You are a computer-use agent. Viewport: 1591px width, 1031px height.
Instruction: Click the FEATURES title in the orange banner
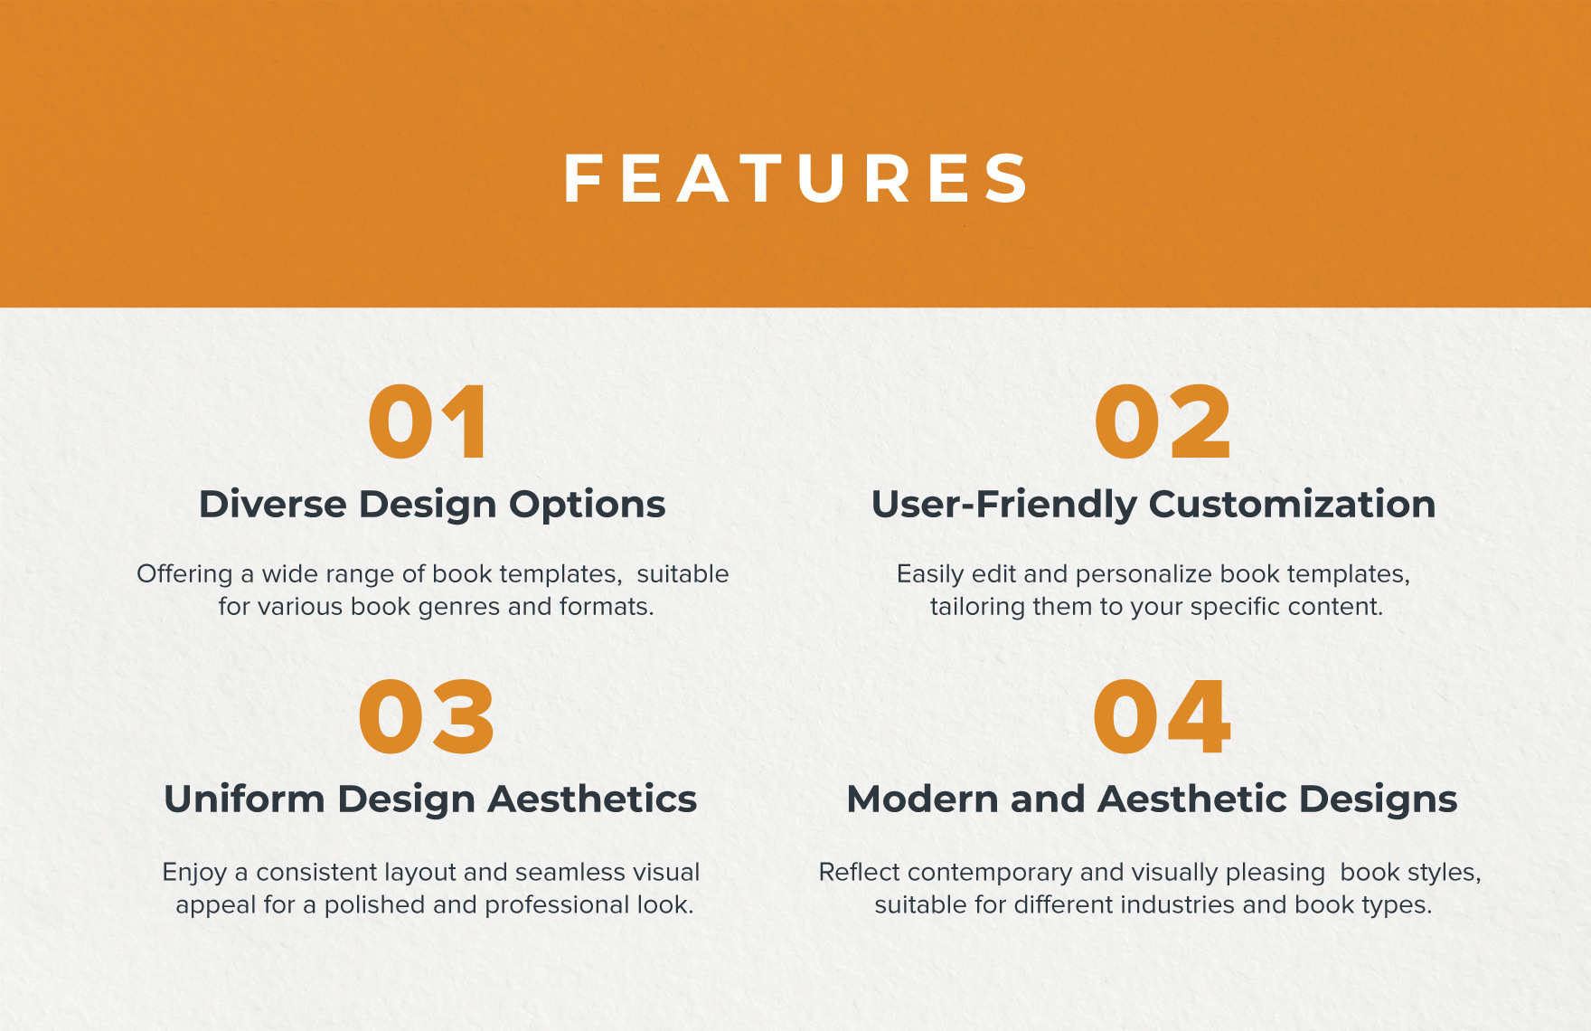tap(795, 178)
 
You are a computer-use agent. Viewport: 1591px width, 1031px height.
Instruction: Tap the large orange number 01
tap(428, 422)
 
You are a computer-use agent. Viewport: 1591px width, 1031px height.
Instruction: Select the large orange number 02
tap(1162, 422)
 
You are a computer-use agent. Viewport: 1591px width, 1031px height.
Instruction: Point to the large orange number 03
tap(427, 717)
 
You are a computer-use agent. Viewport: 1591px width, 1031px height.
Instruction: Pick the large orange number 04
tap(1162, 717)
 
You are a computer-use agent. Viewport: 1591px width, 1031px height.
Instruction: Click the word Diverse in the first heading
tap(272, 504)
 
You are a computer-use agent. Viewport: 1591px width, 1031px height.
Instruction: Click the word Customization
tap(1293, 504)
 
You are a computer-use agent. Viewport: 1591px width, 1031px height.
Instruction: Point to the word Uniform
tap(244, 799)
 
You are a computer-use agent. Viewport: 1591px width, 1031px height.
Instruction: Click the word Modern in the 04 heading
tap(922, 799)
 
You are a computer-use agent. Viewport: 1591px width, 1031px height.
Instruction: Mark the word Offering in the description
tap(184, 575)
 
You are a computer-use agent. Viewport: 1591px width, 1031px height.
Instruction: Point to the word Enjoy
tap(193, 874)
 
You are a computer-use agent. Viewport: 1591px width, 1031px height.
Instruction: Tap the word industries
tap(1124, 905)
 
